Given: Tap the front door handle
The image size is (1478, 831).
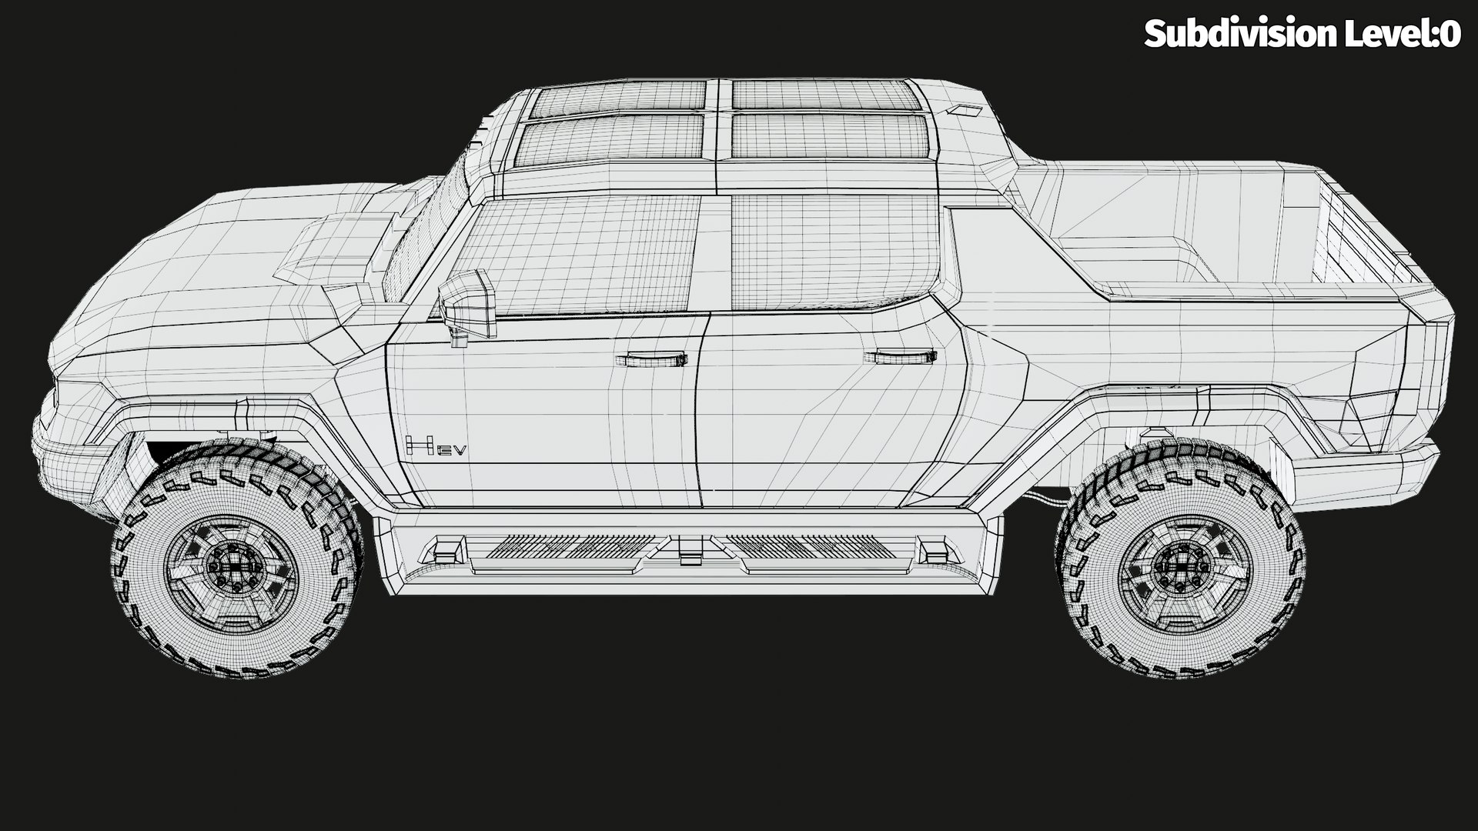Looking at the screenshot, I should [x=651, y=359].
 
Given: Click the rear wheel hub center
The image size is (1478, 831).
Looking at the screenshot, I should [x=1184, y=569].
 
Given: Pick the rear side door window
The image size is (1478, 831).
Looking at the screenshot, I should [x=835, y=250].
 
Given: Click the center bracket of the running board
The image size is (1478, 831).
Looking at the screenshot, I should [x=691, y=548].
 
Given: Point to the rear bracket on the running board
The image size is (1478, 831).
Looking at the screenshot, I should [x=935, y=549].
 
